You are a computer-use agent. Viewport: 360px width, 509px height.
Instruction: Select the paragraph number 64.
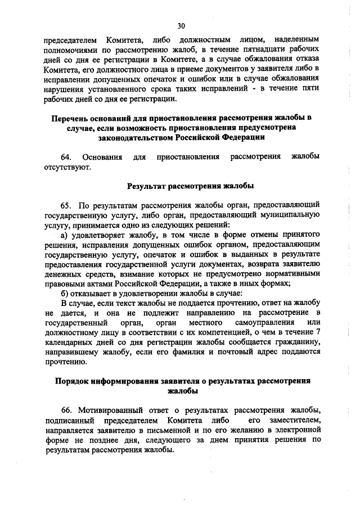pos(66,156)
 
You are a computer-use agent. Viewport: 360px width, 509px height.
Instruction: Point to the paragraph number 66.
pos(66,409)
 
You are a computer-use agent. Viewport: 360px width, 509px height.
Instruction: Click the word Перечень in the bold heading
pos(69,118)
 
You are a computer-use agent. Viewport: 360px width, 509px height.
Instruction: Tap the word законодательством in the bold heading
pos(134,137)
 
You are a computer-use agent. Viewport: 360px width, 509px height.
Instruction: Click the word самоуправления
pos(258,322)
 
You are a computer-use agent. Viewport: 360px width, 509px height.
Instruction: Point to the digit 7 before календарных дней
pos(318,332)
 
